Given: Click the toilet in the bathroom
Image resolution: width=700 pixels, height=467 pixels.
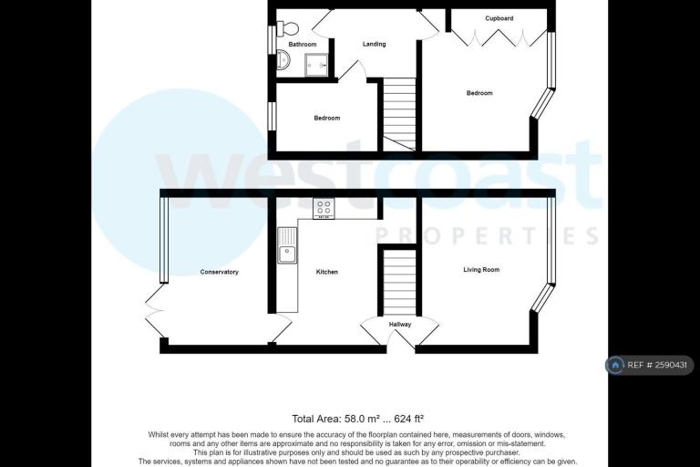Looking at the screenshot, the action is [x=287, y=28].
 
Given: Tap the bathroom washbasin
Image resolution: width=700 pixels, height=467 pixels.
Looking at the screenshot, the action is [x=283, y=60].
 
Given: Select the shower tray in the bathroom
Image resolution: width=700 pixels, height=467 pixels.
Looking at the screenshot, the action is [x=316, y=66].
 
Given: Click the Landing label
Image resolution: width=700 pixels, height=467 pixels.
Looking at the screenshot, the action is [x=374, y=44].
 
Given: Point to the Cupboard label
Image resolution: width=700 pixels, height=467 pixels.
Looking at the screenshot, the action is [x=499, y=18].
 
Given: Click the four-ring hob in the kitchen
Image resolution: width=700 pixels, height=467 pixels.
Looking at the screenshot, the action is [x=324, y=208].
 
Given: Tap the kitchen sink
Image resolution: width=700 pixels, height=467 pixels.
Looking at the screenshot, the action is [x=286, y=245].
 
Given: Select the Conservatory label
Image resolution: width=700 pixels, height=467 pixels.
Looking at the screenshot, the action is [x=219, y=272].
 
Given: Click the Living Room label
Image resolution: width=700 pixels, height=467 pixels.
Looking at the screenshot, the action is [x=481, y=269].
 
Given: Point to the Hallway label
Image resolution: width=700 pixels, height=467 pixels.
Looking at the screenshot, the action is [x=400, y=325].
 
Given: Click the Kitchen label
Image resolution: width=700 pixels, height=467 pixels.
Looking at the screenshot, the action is [x=327, y=272].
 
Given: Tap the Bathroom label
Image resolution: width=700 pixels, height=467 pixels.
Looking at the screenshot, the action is [x=303, y=45].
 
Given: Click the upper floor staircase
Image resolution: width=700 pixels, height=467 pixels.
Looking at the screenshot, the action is [x=399, y=114].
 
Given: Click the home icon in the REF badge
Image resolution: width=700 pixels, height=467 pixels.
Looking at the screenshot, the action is [x=615, y=365].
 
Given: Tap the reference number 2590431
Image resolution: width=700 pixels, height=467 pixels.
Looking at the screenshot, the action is [x=671, y=365].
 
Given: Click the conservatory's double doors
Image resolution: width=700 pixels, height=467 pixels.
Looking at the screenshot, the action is [x=155, y=311].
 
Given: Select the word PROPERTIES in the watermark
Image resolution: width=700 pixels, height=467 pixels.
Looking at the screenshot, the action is [x=487, y=235].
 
